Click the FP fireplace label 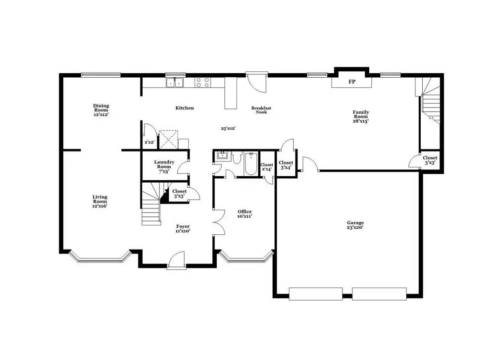[x=351, y=82]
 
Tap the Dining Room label [x=100, y=110]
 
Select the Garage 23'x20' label [x=355, y=225]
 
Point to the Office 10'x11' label [x=245, y=214]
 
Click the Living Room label [x=99, y=201]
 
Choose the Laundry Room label [x=163, y=166]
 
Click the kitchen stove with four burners [x=202, y=82]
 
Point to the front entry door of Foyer [x=176, y=261]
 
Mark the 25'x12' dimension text [x=228, y=128]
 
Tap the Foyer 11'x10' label [x=183, y=229]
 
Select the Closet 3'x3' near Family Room [x=430, y=160]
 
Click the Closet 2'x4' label [x=266, y=167]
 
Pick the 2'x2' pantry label [x=148, y=143]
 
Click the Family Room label [x=360, y=116]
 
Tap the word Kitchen [x=185, y=108]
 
